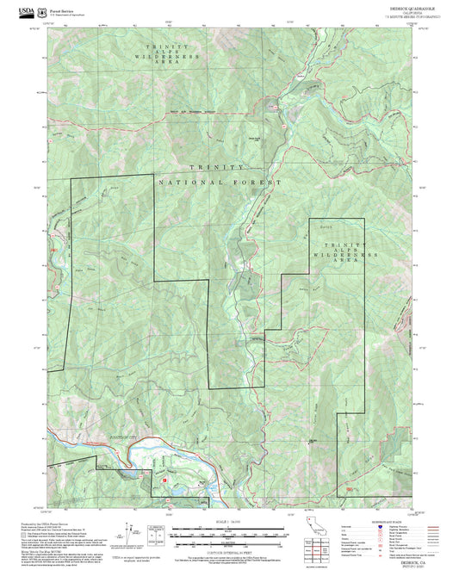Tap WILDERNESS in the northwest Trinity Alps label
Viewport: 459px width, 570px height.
172,55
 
